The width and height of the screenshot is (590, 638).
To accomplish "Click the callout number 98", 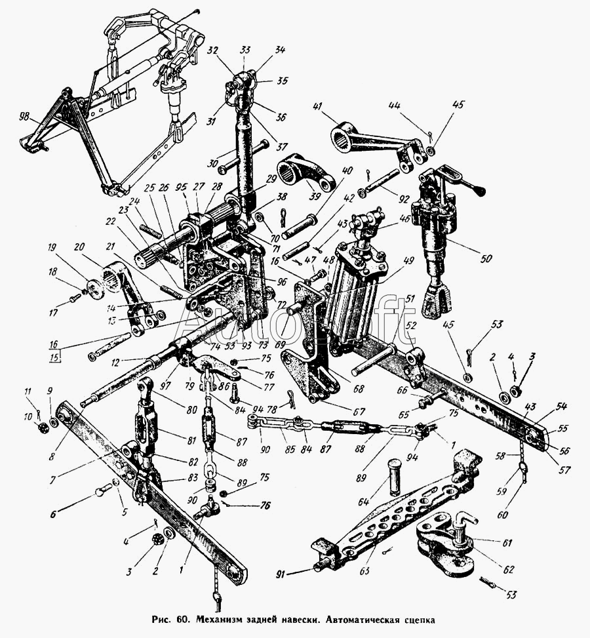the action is [25, 117].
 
